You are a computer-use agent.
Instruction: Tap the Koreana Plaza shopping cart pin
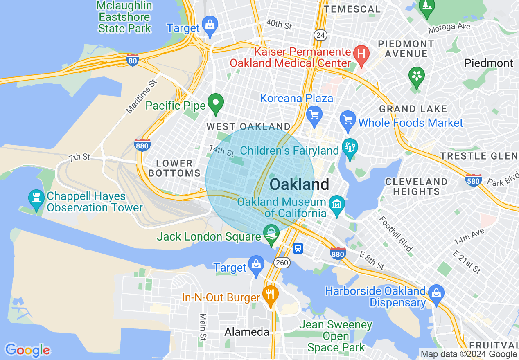coord(314,114)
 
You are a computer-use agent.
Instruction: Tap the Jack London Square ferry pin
coord(271,233)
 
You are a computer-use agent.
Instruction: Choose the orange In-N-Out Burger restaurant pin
coord(270,294)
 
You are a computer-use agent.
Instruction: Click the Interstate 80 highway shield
coord(133,60)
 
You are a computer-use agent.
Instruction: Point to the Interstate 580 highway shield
coord(473,180)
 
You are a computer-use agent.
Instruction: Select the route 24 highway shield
coord(320,36)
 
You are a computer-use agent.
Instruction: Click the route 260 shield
coord(282,262)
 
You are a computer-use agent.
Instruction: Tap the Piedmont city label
coord(488,63)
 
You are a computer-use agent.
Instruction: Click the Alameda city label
coord(247,332)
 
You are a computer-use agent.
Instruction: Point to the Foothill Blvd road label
coord(395,234)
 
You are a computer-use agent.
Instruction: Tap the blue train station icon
coord(298,248)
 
